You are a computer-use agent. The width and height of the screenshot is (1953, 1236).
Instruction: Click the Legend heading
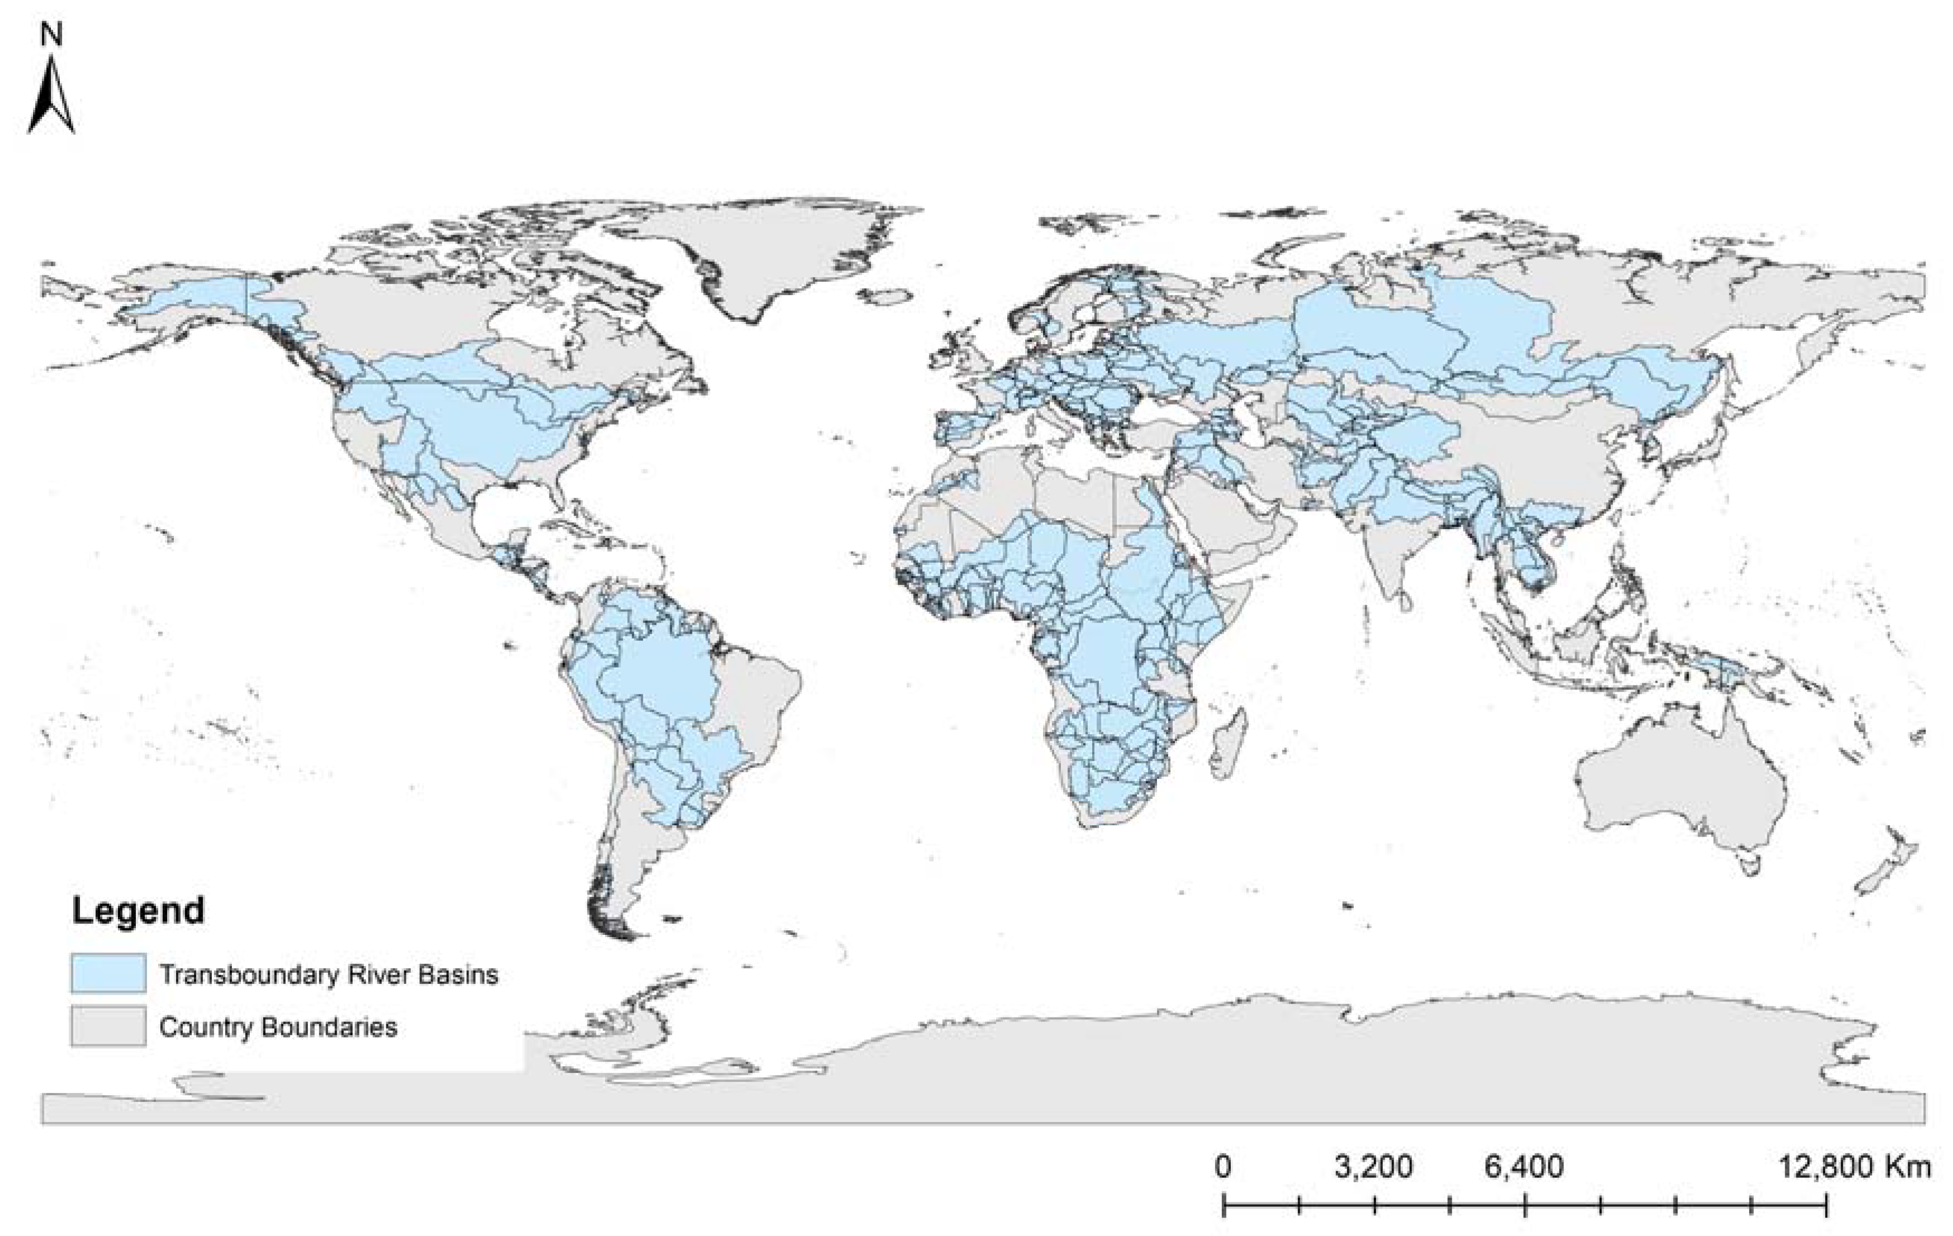tap(138, 911)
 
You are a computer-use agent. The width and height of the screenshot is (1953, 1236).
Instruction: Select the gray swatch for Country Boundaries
tap(108, 1026)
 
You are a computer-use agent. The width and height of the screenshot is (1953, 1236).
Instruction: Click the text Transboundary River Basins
tap(329, 974)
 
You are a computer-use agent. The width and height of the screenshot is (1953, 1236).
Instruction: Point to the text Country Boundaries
tap(278, 1027)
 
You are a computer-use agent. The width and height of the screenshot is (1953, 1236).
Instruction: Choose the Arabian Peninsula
tap(1225, 519)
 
